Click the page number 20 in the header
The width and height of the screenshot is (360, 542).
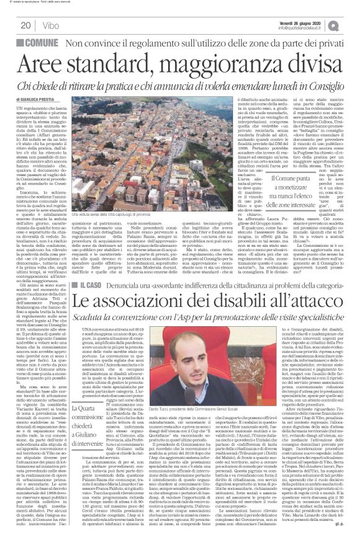(25, 24)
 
